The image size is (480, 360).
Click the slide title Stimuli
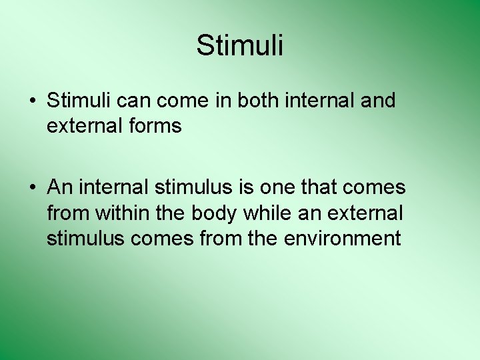[240, 45]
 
